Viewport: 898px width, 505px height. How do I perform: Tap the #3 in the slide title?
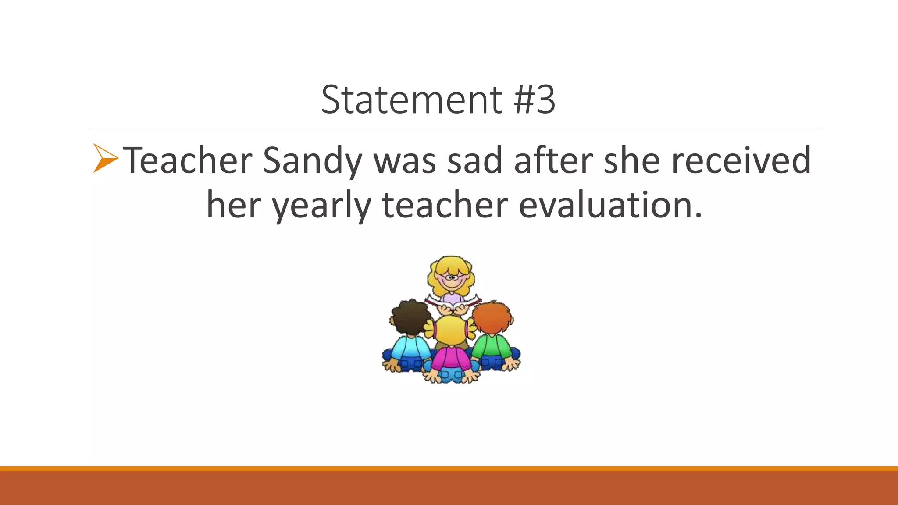point(535,100)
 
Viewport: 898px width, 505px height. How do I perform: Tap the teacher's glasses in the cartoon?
point(451,277)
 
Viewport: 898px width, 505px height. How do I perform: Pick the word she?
point(632,161)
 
